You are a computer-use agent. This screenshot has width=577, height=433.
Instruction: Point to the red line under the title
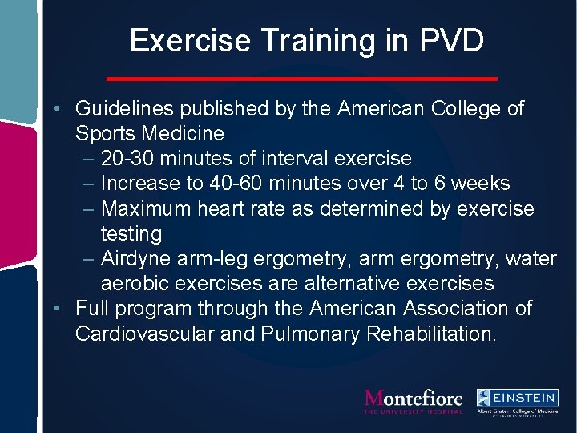point(302,79)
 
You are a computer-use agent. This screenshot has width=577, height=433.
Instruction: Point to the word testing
point(131,233)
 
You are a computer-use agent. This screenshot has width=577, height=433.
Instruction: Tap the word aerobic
point(136,283)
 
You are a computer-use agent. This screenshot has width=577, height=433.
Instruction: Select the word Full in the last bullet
point(91,308)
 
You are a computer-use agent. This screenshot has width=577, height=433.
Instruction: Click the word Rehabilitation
point(430,334)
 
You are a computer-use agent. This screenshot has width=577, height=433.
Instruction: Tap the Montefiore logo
point(414,400)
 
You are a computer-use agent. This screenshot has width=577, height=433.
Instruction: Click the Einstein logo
point(517,402)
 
